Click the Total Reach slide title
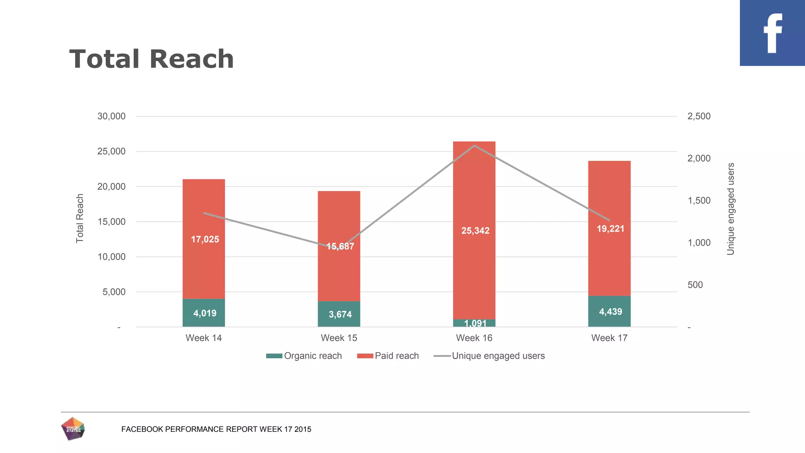[151, 59]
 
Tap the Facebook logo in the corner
[772, 33]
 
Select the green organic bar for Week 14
[204, 313]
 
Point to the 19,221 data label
[610, 229]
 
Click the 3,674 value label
[340, 315]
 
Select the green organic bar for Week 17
[609, 311]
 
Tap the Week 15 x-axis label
[339, 338]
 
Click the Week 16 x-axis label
[474, 338]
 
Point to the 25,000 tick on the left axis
[111, 151]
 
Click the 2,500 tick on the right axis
[699, 116]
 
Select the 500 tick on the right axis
[695, 285]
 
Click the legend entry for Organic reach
[304, 356]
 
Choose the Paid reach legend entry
[388, 356]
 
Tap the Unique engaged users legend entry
[489, 356]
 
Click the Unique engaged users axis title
[731, 209]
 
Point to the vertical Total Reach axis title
[80, 218]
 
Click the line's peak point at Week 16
[474, 145]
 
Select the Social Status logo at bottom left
[73, 429]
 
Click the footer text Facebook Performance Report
[216, 429]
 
